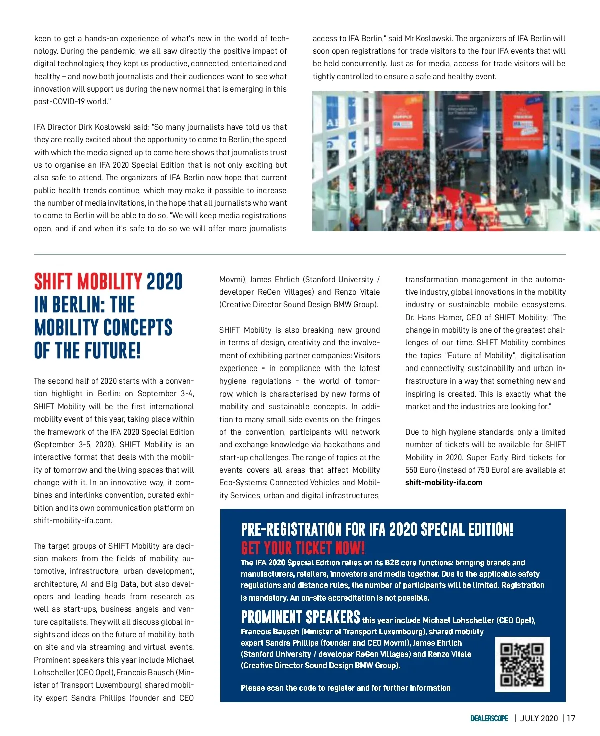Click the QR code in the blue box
[x=522, y=664]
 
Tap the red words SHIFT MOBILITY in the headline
[x=88, y=282]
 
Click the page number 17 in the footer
[x=571, y=718]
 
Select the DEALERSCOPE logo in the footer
[x=489, y=718]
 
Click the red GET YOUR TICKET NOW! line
[x=303, y=548]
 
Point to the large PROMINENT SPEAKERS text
[x=300, y=617]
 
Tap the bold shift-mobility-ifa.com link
[x=444, y=483]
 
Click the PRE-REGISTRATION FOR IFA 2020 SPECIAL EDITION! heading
[x=377, y=529]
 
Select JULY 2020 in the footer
[x=539, y=718]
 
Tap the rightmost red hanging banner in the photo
[x=523, y=122]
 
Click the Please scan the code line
[x=345, y=688]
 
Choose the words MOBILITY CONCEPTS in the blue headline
[x=103, y=328]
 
